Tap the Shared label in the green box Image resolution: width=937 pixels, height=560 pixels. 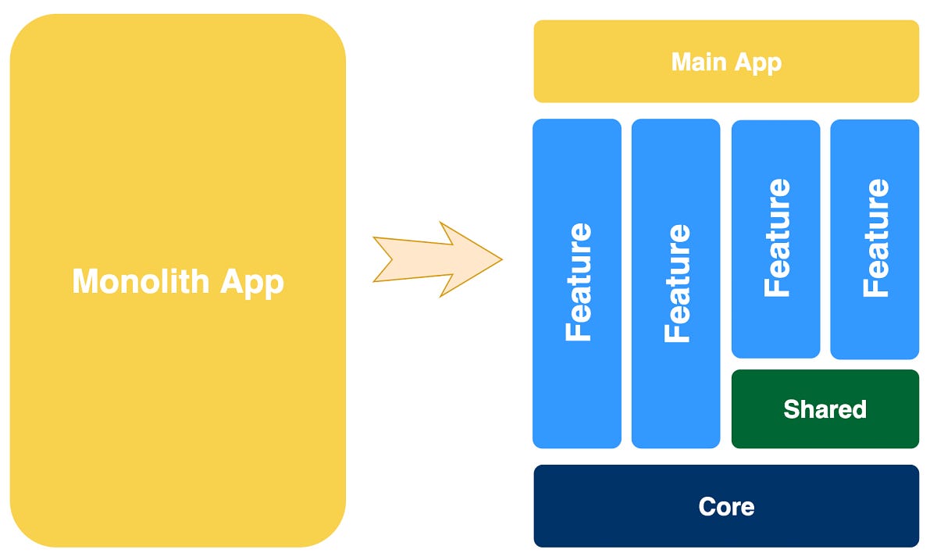pyautogui.click(x=825, y=409)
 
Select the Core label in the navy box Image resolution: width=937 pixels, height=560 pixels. pyautogui.click(x=726, y=507)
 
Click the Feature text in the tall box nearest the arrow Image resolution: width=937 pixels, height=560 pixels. pyautogui.click(x=579, y=283)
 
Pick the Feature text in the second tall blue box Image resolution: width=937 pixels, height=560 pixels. pyautogui.click(x=677, y=283)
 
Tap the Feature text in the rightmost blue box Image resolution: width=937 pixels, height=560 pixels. pyautogui.click(x=875, y=238)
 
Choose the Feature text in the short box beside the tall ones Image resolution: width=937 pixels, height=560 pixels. pyautogui.click(x=777, y=238)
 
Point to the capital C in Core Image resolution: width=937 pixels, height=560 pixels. pyautogui.click(x=707, y=507)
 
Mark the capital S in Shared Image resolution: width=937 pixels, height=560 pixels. pyautogui.click(x=791, y=409)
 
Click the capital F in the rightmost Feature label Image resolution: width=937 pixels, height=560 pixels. pyautogui.click(x=875, y=287)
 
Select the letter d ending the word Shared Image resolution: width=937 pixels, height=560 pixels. pyautogui.click(x=859, y=409)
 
